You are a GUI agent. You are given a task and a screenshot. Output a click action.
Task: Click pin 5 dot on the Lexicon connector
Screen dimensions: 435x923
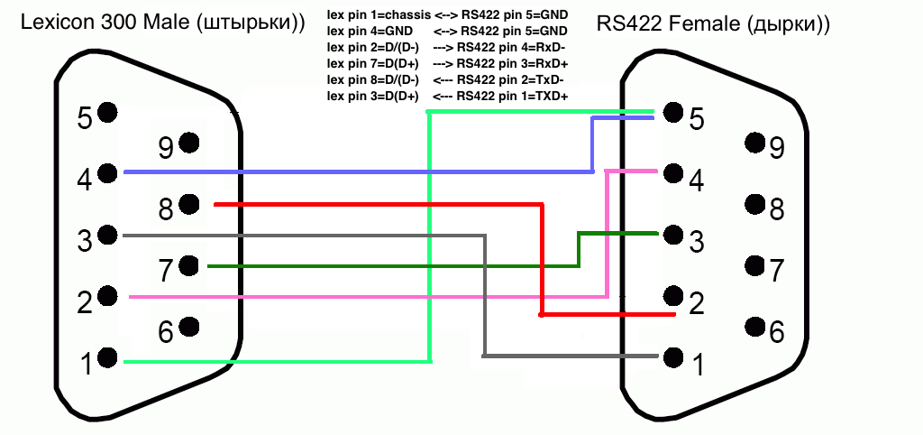coord(108,113)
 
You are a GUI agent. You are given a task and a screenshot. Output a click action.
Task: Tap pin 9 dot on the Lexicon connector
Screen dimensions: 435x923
coord(189,142)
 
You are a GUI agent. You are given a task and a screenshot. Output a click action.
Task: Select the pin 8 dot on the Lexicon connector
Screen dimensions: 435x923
coord(189,205)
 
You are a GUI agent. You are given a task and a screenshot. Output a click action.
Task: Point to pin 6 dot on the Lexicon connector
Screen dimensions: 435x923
coord(189,327)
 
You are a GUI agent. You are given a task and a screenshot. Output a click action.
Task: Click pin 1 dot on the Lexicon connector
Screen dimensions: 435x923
coord(108,357)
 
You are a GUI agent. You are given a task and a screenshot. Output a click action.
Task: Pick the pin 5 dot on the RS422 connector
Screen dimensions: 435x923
coord(672,113)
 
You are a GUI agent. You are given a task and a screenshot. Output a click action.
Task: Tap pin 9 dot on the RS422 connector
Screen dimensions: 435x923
coord(754,142)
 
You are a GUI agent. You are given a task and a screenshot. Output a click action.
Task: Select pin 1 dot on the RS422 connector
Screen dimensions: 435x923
coord(672,356)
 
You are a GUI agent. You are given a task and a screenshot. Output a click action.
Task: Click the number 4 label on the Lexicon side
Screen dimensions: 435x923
coord(85,180)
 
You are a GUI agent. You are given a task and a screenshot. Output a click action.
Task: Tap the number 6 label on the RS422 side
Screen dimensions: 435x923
coord(776,332)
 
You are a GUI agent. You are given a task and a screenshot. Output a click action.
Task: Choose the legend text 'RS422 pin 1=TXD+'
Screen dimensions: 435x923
coord(512,97)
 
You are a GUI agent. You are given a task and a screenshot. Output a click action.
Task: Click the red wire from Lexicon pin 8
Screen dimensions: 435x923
coord(379,205)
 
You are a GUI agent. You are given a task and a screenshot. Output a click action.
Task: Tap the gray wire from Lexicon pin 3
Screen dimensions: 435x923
coord(297,236)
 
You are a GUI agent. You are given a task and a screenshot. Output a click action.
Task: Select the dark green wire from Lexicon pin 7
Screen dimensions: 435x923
coord(388,266)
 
